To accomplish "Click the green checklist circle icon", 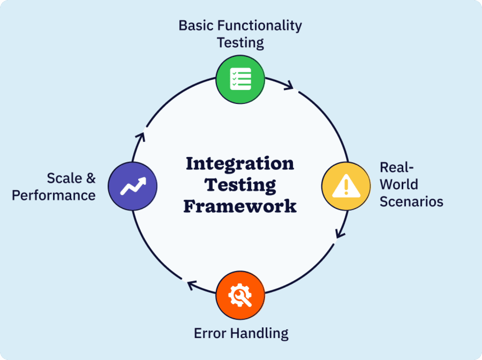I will pyautogui.click(x=240, y=79).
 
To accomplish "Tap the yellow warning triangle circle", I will pyautogui.click(x=346, y=186).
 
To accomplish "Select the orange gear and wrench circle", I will pyautogui.click(x=240, y=295).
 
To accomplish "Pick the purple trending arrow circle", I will pyautogui.click(x=133, y=186).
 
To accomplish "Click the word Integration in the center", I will pyautogui.click(x=240, y=164).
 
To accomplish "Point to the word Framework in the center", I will pyautogui.click(x=240, y=207).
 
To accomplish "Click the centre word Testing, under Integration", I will pyautogui.click(x=240, y=185).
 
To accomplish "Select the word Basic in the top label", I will pyautogui.click(x=196, y=26).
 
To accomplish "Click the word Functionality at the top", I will pyautogui.click(x=260, y=26).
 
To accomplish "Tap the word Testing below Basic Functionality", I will pyautogui.click(x=240, y=43).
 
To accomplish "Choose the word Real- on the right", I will pyautogui.click(x=397, y=167).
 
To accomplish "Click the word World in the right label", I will pyautogui.click(x=399, y=185).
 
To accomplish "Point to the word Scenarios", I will pyautogui.click(x=411, y=201).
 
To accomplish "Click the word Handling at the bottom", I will pyautogui.click(x=259, y=333).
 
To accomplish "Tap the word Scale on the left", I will pyautogui.click(x=64, y=178).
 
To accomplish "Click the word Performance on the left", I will pyautogui.click(x=53, y=195).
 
